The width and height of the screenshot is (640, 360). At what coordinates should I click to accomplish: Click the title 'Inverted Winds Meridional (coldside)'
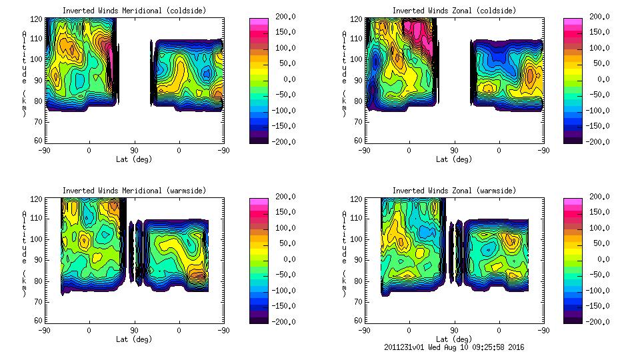tap(134, 11)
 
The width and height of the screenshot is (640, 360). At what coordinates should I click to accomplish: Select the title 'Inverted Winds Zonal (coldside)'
tap(454, 11)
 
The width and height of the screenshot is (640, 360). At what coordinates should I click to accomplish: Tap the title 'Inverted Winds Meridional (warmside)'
tap(134, 191)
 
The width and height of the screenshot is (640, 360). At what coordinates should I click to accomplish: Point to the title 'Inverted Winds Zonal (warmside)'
tap(454, 191)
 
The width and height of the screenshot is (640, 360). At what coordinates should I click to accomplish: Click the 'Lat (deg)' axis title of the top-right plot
tap(454, 159)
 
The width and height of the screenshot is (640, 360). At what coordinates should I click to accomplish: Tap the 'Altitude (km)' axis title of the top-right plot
tap(345, 73)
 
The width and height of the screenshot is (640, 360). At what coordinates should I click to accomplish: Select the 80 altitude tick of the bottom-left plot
tap(39, 281)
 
